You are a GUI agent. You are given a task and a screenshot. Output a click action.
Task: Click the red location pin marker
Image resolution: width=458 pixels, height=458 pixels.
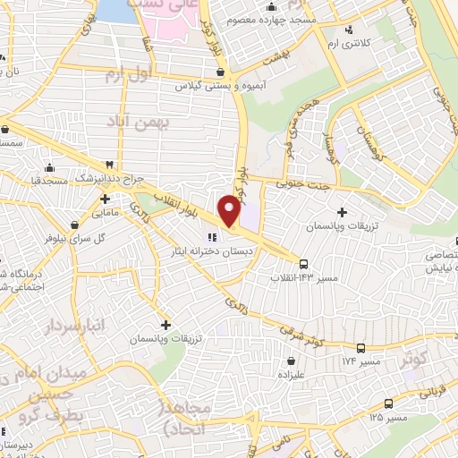coord(230,209)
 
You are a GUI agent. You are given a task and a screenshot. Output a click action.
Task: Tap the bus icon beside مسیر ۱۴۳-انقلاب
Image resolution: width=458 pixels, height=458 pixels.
coord(304,264)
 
